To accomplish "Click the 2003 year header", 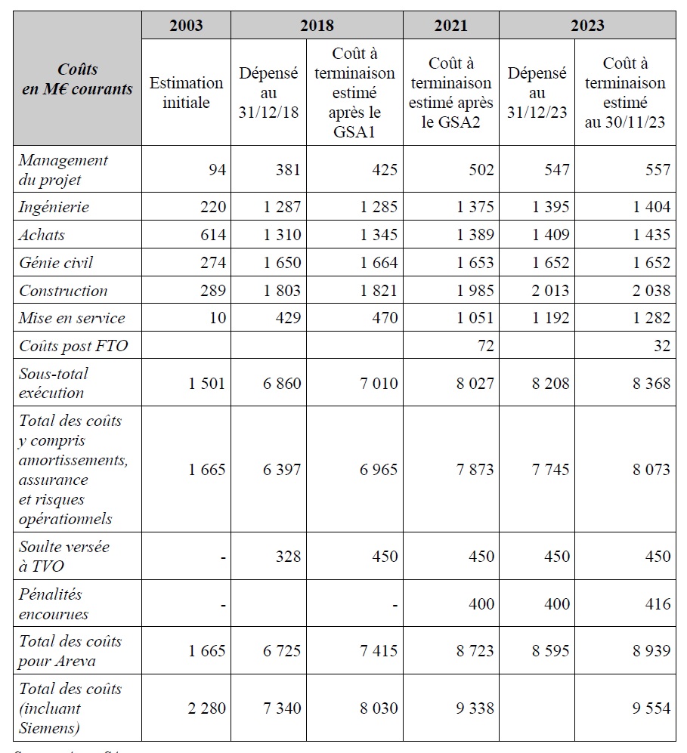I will [x=186, y=26].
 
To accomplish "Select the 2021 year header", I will [x=450, y=26].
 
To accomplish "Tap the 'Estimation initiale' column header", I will [x=186, y=92].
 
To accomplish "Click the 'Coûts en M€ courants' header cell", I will [x=78, y=79].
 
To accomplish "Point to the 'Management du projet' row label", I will [x=63, y=170].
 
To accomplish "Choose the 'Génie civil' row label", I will [x=56, y=263].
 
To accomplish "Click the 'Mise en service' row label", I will [x=72, y=318].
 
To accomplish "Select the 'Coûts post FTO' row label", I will [x=73, y=346].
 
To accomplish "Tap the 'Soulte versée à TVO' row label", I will [x=59, y=557].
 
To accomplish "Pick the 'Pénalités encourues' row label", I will [x=54, y=604].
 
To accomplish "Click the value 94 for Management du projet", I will [x=217, y=170].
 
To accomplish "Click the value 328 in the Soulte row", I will [x=287, y=557].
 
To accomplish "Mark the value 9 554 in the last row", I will [x=651, y=708].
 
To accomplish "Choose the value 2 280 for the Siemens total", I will [x=207, y=708].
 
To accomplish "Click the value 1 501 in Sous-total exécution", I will [x=207, y=383].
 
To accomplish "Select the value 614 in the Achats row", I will [x=212, y=235].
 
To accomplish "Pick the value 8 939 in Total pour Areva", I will [x=651, y=651].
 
